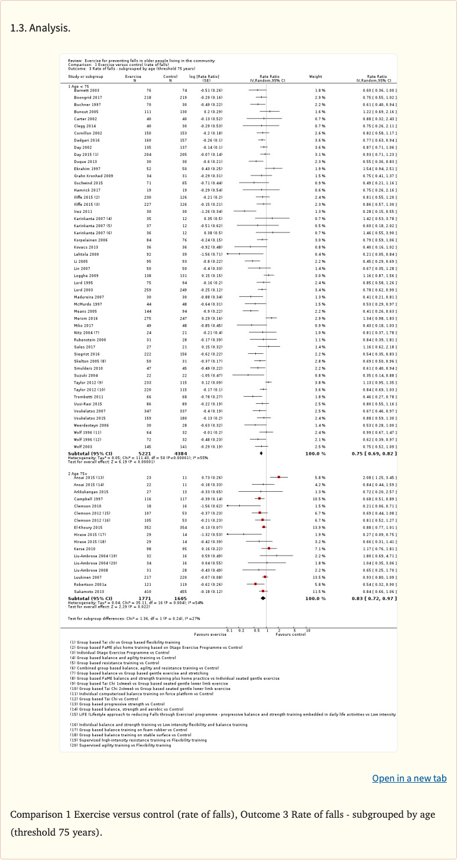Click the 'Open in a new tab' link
[409, 778]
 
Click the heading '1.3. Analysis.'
[40, 28]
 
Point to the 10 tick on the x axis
[308, 630]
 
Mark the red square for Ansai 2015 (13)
[278, 477]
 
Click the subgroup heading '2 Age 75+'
[78, 473]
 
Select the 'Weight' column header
[315, 77]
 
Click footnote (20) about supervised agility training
[120, 745]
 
